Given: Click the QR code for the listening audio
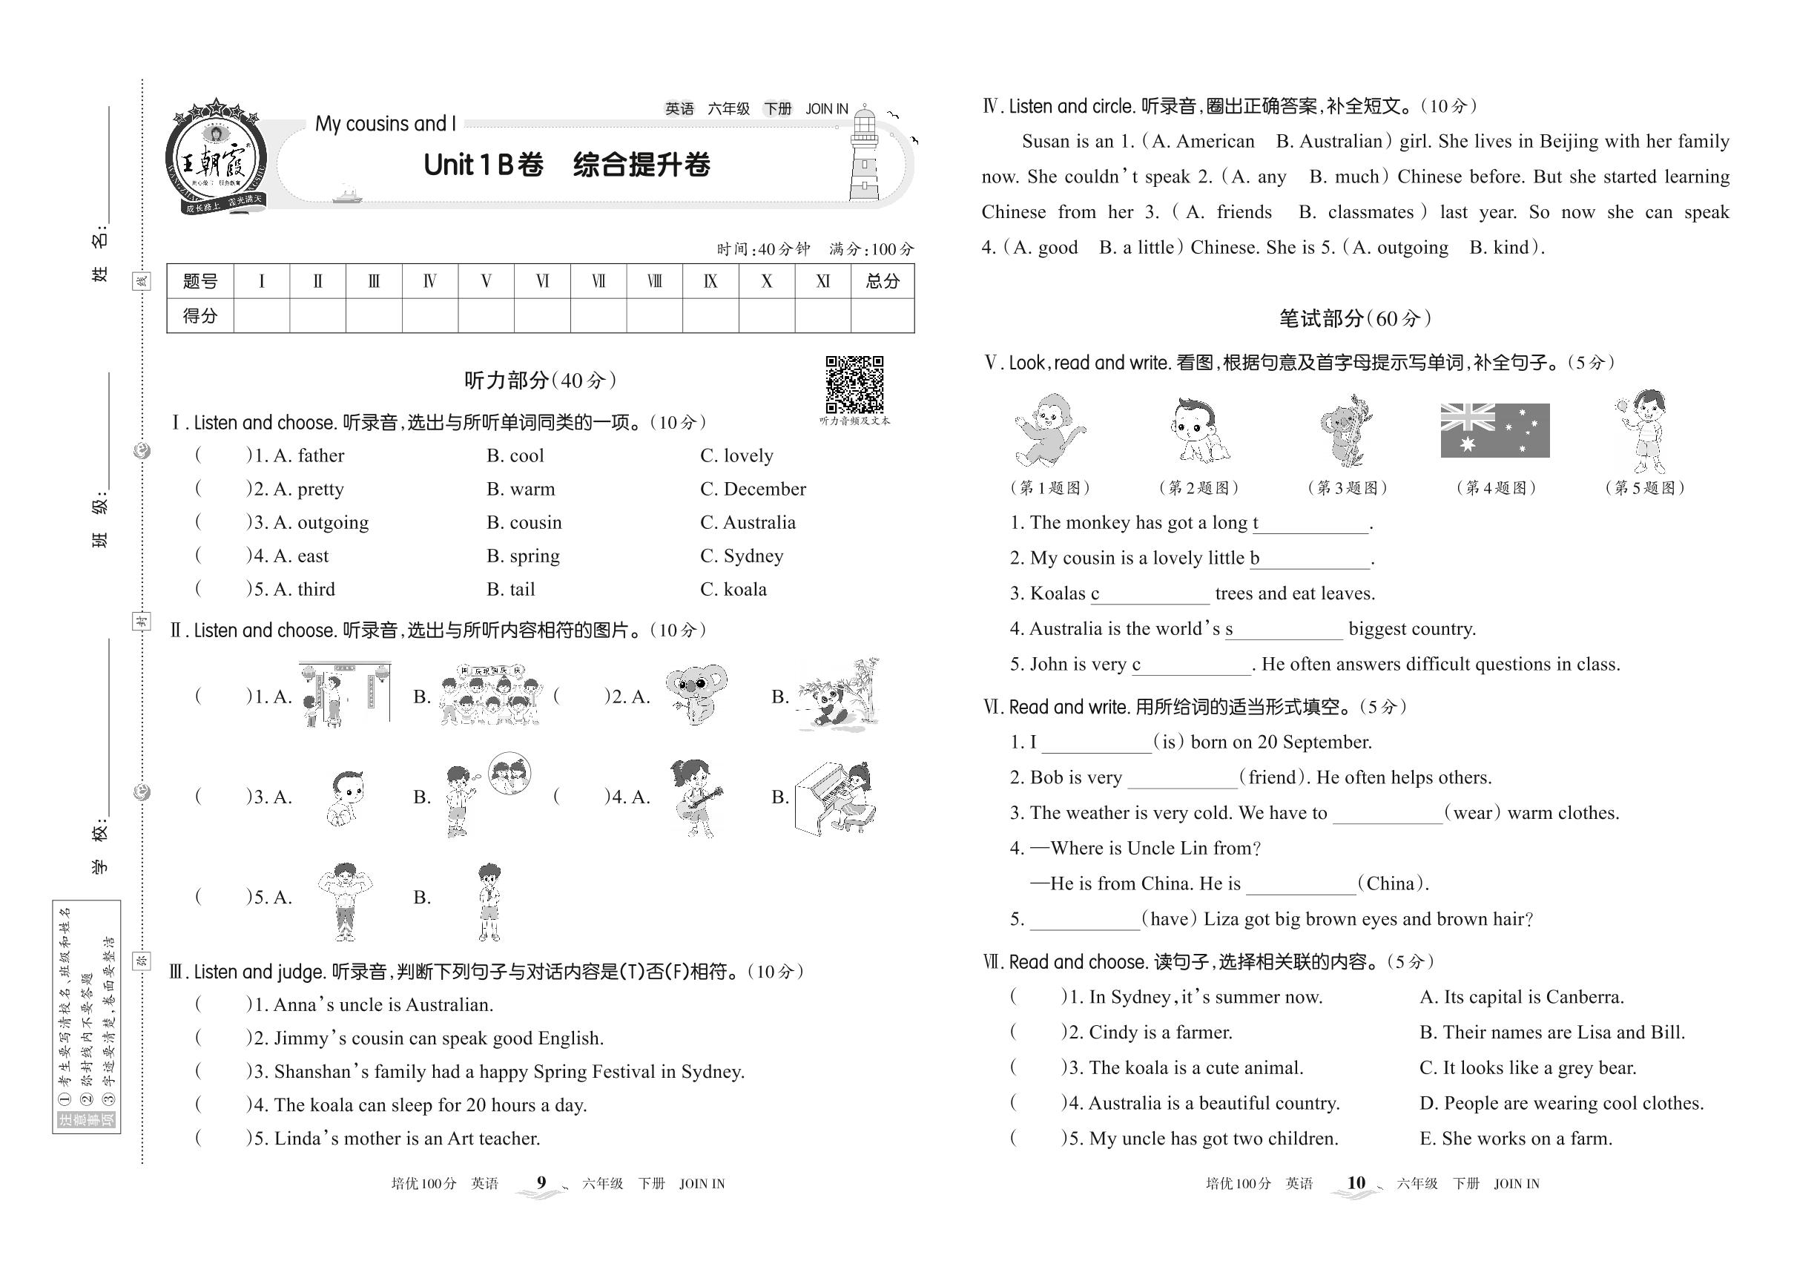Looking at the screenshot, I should coord(854,384).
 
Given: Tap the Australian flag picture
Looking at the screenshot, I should coord(1494,431).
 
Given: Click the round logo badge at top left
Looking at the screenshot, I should coord(216,158).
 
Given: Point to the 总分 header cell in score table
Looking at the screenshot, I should coord(882,281).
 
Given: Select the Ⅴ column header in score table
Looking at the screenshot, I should coord(486,281).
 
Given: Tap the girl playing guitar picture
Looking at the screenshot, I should coord(695,798).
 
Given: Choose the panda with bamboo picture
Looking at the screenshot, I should coord(837,693).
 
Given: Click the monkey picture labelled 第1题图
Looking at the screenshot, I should coord(1049,431).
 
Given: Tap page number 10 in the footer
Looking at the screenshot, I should coord(1356,1183).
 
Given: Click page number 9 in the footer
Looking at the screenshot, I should coord(541,1183).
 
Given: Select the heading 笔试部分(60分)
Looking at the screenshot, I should coord(1355,318).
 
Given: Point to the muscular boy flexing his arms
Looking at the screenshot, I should coord(344,901).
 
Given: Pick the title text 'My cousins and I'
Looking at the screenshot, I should coord(386,124).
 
